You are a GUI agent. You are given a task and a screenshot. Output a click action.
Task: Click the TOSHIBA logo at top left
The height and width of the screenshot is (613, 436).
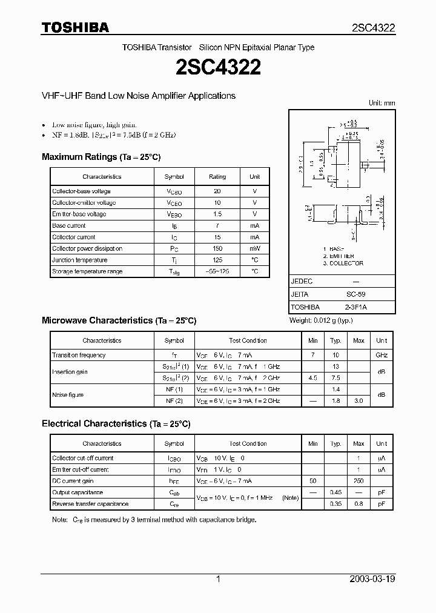(x=75, y=27)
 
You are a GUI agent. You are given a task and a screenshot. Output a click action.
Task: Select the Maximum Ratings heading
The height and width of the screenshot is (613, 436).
(x=101, y=157)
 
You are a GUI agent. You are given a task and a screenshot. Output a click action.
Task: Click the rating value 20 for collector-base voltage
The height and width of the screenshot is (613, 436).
(x=217, y=191)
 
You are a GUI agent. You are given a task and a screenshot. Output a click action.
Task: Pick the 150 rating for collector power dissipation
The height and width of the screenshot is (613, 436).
(x=217, y=248)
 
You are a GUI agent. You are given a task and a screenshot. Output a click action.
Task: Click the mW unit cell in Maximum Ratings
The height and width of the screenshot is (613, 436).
(x=254, y=248)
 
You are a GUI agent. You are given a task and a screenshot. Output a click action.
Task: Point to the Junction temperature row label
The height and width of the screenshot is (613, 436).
(x=79, y=260)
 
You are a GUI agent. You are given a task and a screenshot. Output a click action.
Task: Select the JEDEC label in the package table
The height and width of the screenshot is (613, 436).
(x=303, y=281)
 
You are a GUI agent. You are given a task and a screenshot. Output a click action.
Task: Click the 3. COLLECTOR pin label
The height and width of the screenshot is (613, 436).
(x=343, y=263)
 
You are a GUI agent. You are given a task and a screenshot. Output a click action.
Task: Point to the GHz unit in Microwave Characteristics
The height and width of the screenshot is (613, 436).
(x=381, y=355)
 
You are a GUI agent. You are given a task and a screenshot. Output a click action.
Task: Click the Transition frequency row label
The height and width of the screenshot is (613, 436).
(x=79, y=355)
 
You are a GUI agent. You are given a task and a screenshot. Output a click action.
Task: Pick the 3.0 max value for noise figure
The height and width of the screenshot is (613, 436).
(x=358, y=401)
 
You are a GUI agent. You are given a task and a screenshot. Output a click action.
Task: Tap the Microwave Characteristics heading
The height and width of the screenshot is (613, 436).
(x=119, y=320)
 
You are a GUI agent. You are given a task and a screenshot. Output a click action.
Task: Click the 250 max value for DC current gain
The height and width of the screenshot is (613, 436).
(x=358, y=481)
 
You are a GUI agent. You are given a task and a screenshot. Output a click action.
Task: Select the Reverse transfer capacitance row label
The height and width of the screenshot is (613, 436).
(x=90, y=504)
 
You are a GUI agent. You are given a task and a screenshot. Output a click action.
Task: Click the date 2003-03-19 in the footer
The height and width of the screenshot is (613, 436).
(x=372, y=579)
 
